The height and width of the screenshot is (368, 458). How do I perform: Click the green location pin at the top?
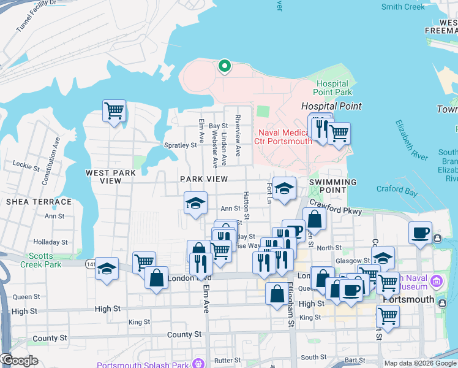click(x=225, y=66)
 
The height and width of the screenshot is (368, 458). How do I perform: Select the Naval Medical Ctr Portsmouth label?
click(x=285, y=137)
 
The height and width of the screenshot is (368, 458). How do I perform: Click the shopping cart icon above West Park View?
click(x=114, y=111)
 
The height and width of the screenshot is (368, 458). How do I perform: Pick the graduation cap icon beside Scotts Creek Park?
click(x=107, y=269)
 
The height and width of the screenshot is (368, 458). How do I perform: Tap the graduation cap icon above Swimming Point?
click(x=284, y=188)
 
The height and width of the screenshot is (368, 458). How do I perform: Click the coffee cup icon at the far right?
click(x=421, y=233)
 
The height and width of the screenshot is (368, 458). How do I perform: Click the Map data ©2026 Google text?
click(x=420, y=363)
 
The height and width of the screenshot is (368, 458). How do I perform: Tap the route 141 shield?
click(x=90, y=264)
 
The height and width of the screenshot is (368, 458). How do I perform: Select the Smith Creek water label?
click(x=403, y=7)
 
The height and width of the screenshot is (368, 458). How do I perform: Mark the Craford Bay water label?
click(x=397, y=192)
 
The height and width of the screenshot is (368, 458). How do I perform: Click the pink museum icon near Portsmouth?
click(x=437, y=282)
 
